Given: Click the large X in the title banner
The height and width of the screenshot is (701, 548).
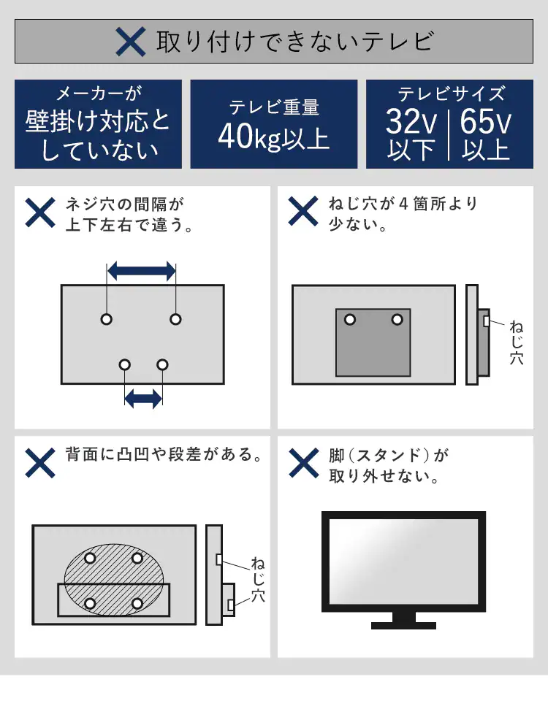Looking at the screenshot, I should pos(131,42).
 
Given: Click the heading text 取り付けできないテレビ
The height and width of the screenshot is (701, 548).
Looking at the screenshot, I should pos(295,42).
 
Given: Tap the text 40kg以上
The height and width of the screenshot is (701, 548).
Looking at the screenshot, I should pos(274,137).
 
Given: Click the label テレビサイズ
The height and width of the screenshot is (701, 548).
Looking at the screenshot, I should pos(451,93).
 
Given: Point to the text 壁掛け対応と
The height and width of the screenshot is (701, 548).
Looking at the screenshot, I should pos(98,120).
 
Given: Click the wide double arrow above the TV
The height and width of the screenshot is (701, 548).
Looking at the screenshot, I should pos(141,271).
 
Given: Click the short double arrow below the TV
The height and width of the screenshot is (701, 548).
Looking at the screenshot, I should pos(143,398).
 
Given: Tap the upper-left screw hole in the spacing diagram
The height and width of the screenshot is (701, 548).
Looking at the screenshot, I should pos(107,319).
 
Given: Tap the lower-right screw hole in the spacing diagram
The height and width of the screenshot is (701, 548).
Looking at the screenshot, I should pos(162,364).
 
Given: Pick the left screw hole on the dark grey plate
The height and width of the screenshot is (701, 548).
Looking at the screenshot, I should pos(350,320).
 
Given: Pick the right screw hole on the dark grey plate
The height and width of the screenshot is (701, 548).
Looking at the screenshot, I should pos(397,320).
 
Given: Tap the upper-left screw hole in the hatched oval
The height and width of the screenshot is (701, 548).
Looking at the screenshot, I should pos(90,558).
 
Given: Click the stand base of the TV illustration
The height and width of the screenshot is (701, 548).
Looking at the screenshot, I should pos(403,625).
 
